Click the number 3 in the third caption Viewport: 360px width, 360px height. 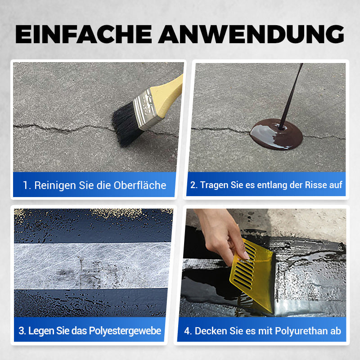tap(21, 331)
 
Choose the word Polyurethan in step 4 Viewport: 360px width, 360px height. tap(300, 331)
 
